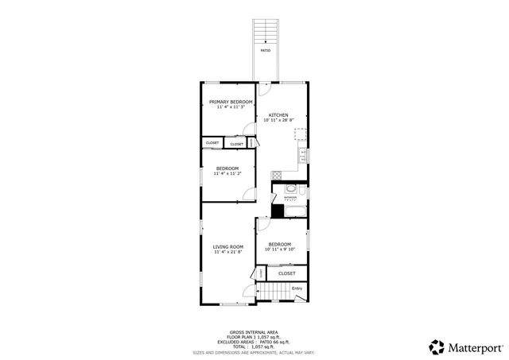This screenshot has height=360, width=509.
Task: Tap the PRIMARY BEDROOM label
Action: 231,103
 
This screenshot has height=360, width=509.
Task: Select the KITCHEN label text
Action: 278,114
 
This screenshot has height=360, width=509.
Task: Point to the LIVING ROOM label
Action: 227,246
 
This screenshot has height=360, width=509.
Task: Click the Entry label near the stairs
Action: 297,288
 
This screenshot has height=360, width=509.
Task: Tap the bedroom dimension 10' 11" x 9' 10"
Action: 279,250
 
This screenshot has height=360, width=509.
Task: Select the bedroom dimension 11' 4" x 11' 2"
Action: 227,173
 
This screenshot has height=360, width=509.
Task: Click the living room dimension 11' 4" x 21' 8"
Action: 227,252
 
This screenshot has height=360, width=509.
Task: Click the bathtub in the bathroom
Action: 291,209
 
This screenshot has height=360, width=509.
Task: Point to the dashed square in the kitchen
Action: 301,134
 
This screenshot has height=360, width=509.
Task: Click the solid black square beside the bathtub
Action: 278,211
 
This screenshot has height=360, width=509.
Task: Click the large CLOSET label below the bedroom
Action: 286,273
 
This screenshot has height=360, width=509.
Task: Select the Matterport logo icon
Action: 436,346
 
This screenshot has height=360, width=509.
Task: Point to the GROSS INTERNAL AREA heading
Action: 254,332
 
